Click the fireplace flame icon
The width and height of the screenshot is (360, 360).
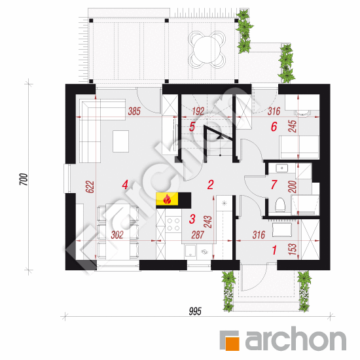pos(167,199)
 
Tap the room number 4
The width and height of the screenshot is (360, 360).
pos(125,185)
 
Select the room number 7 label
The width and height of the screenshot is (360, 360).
pos(274,185)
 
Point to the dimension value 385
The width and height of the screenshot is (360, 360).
pos(134,111)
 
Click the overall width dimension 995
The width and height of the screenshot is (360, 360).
pos(195,312)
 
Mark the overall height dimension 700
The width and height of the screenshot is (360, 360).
pos(24,179)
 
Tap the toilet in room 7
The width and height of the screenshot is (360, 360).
pos(280,205)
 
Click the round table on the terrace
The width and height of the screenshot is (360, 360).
pos(206,49)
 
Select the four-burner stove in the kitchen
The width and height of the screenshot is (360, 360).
pos(173,225)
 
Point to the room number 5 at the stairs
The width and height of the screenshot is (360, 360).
pos(192,126)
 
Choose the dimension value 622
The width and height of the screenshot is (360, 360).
pos(90,187)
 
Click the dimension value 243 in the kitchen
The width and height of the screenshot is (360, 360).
pos(208,222)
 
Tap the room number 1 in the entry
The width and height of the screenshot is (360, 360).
pos(274,250)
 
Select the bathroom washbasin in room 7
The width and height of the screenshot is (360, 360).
pos(281,168)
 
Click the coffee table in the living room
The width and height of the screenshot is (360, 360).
pos(120,141)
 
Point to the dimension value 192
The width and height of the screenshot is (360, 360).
pos(198,111)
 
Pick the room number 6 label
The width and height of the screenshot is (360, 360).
pos(274,126)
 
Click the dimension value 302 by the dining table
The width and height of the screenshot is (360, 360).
pos(117,235)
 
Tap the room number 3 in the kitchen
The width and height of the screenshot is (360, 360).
pos(192,219)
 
